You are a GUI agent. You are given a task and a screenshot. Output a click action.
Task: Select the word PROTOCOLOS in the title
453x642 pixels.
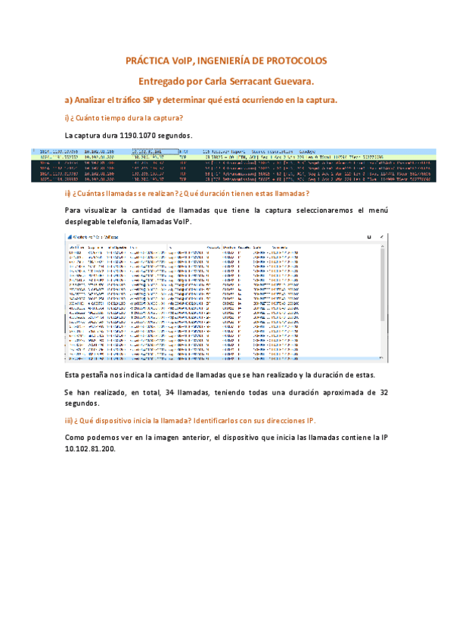pyautogui.click(x=298, y=60)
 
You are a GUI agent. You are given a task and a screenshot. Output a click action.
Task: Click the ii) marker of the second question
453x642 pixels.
pyautogui.click(x=67, y=193)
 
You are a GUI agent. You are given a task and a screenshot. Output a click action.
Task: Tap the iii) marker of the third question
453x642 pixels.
pyautogui.click(x=69, y=420)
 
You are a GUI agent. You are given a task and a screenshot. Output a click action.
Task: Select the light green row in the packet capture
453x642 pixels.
pyautogui.click(x=227, y=157)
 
